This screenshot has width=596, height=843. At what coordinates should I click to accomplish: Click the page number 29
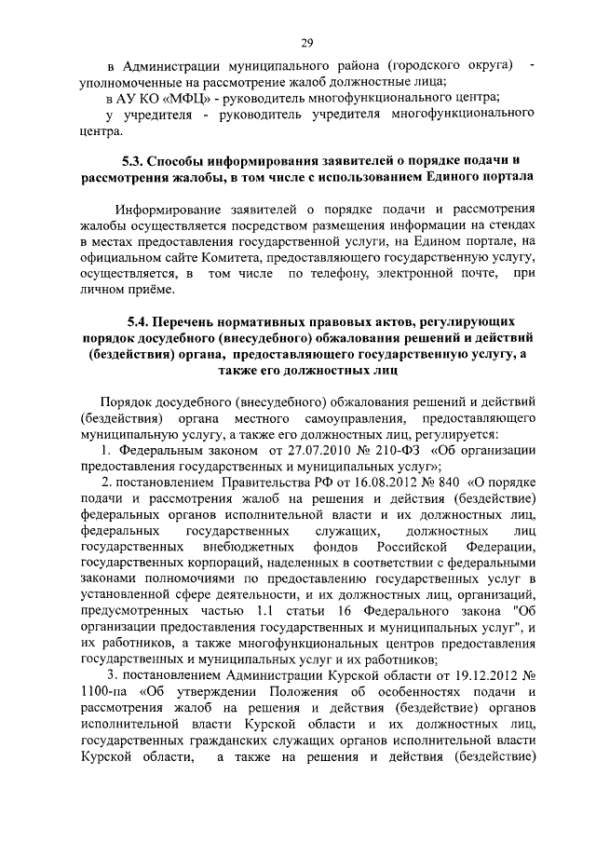(x=306, y=42)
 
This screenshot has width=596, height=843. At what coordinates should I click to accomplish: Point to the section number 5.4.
(x=142, y=320)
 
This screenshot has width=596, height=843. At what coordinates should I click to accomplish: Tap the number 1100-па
(x=106, y=693)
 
